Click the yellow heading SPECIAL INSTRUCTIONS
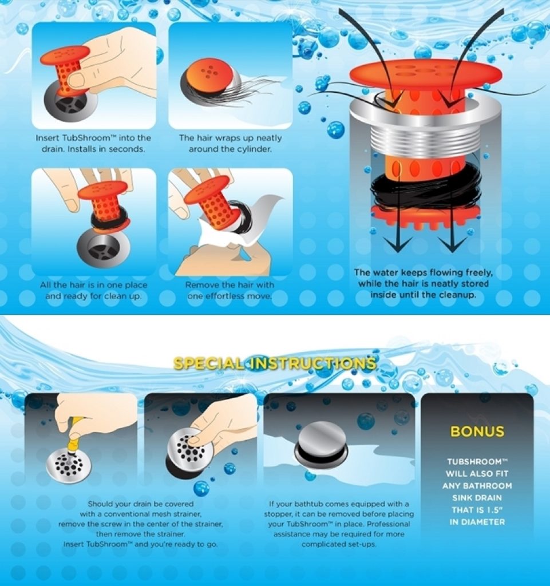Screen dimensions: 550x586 pos(275,363)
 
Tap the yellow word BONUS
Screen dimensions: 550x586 pos(477,431)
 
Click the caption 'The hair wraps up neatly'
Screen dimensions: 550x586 pos(230,138)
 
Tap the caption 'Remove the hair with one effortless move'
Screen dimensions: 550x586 pos(230,290)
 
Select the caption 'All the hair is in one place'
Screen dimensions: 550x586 pos(94,285)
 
